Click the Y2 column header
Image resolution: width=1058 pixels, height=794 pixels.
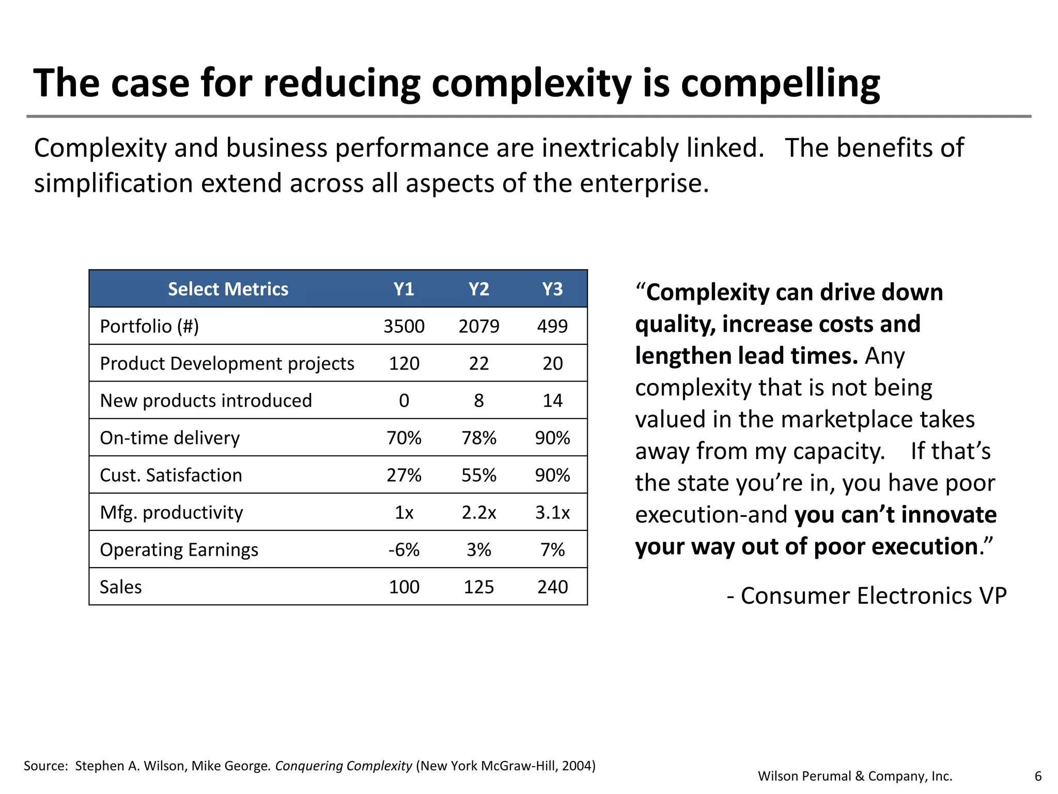coord(478,289)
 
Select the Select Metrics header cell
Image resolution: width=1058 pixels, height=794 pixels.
coord(228,289)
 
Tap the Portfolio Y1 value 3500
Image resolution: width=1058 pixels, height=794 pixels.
coord(404,326)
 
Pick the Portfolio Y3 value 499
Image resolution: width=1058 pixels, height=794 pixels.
coord(552,326)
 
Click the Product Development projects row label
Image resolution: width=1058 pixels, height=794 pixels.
coord(227,363)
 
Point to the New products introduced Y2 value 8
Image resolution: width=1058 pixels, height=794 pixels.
coord(478,401)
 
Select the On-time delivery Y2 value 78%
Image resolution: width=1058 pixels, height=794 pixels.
coord(478,438)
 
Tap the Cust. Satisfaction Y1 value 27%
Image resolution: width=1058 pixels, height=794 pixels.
coord(404,475)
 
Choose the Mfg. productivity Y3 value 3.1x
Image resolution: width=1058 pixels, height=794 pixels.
coord(552,512)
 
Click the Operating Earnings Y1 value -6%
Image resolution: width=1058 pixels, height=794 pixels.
coord(404,549)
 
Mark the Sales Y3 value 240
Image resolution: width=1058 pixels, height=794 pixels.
coord(552,587)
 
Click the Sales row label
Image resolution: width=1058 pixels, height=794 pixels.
coord(120,587)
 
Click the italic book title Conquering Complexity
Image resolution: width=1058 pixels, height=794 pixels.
coord(344,766)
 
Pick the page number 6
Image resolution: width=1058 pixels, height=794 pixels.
coord(1038,776)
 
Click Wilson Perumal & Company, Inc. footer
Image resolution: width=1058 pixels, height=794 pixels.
coord(855,776)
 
